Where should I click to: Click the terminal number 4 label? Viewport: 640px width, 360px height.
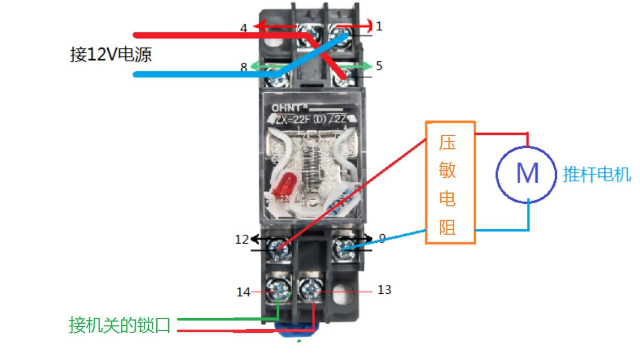(243, 28)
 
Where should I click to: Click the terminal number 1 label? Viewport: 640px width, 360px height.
(379, 26)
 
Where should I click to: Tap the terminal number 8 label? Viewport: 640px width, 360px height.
(243, 67)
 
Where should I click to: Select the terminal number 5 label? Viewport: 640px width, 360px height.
(379, 66)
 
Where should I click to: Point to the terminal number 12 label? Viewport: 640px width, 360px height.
(242, 239)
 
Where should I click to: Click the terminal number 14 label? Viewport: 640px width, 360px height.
(243, 292)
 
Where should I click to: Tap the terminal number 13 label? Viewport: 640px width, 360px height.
(384, 290)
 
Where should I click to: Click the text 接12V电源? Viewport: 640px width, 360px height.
(111, 54)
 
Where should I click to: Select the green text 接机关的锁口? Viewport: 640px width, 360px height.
(119, 325)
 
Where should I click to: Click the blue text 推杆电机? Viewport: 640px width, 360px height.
(597, 174)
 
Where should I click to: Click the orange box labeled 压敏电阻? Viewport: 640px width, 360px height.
(450, 183)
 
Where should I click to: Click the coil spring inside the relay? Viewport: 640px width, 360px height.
(314, 160)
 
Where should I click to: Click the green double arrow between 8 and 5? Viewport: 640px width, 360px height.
(312, 66)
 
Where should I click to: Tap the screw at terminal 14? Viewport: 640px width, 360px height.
(279, 290)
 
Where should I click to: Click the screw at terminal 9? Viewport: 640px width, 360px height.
(343, 246)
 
